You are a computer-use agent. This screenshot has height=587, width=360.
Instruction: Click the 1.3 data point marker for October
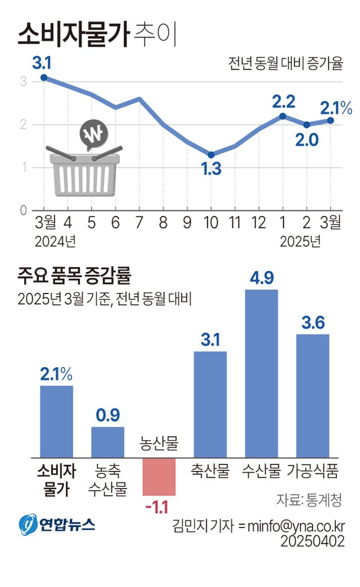(x=211, y=155)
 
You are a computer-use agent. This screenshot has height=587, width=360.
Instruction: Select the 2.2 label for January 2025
(x=283, y=102)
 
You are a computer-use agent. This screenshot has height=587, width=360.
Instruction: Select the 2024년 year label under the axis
(x=55, y=242)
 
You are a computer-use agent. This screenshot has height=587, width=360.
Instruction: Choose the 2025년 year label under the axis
(x=300, y=242)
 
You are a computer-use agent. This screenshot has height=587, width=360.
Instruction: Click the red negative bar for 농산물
(x=159, y=476)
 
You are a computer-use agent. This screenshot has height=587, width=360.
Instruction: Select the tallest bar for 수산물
(x=262, y=373)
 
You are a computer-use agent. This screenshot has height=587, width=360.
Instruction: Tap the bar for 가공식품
(x=313, y=396)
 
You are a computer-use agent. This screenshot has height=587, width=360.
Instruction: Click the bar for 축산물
(x=210, y=404)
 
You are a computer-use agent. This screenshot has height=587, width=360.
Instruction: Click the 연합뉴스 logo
(x=56, y=525)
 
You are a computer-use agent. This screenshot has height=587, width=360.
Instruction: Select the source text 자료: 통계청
(x=310, y=499)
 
